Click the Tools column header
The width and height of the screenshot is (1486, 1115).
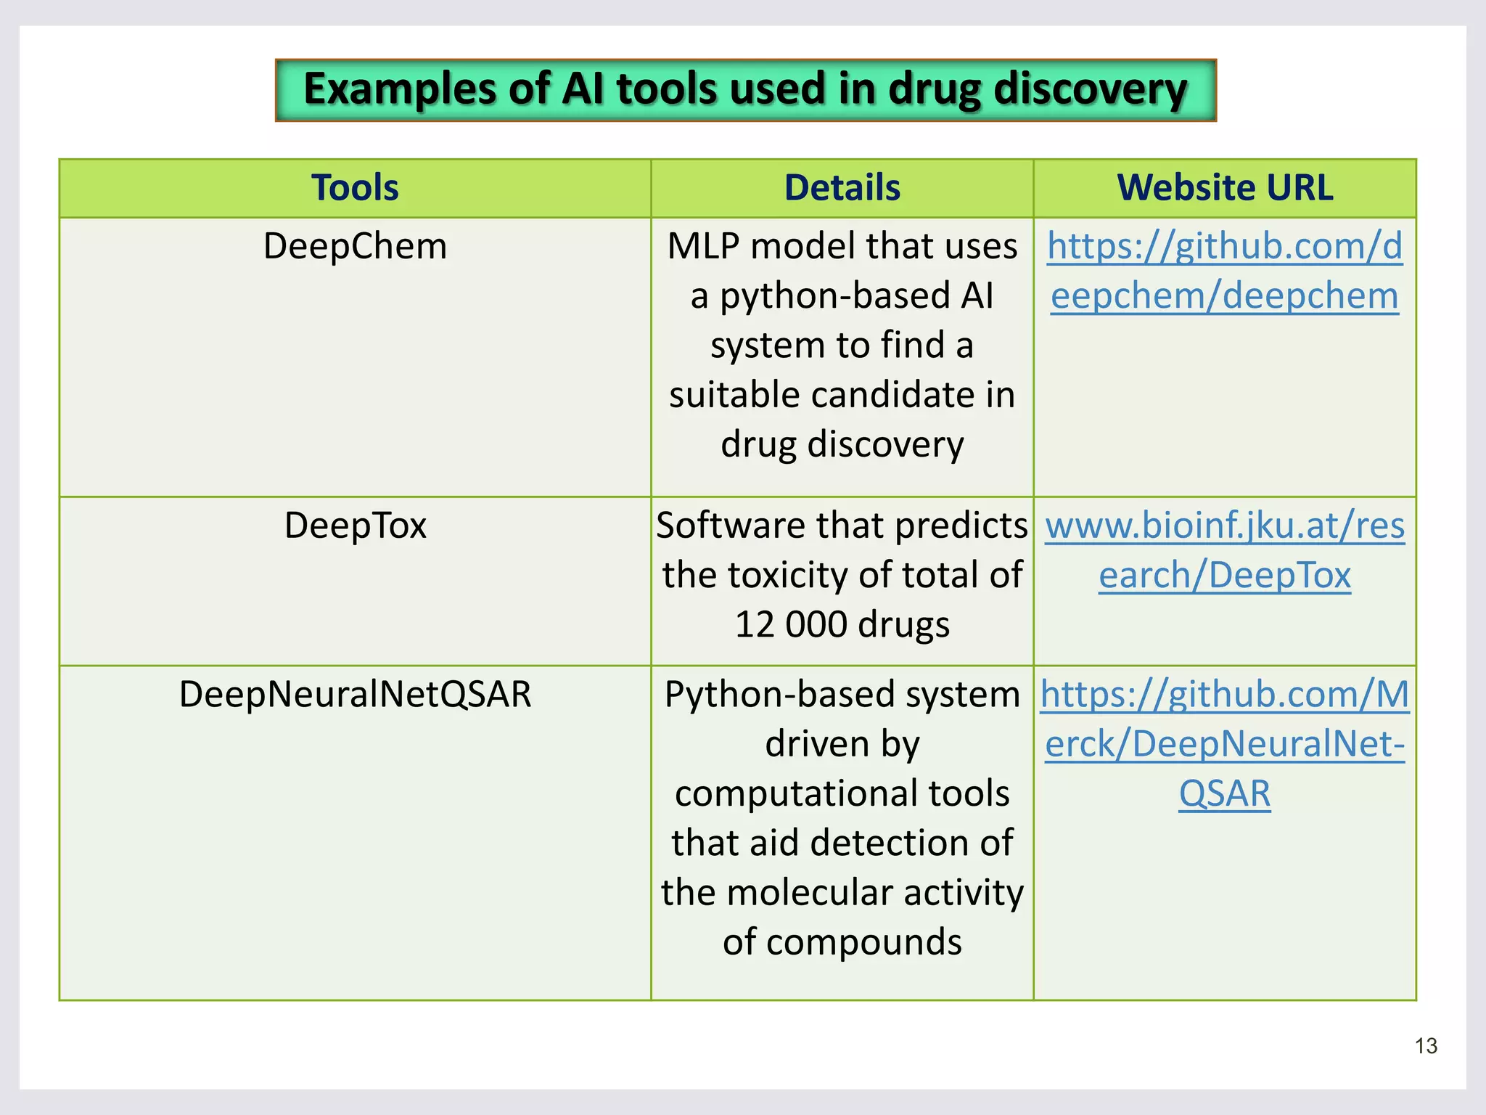coord(355,187)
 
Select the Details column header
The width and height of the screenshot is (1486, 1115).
coord(842,187)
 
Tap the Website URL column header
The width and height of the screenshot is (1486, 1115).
coord(1225,187)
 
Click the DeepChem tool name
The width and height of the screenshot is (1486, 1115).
coord(355,246)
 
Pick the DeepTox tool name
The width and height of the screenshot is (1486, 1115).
coord(355,526)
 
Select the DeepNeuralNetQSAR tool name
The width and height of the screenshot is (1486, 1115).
coord(355,694)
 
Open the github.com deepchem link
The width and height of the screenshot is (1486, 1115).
coord(1225,271)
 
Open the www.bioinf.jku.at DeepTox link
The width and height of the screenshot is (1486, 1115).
coord(1225,550)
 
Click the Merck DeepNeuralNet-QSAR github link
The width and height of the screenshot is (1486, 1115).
coord(1225,743)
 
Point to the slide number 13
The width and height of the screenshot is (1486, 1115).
coord(1426,1046)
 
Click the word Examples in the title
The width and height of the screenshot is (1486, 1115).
coord(398,89)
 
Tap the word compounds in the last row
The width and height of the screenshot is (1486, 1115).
coord(863,942)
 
